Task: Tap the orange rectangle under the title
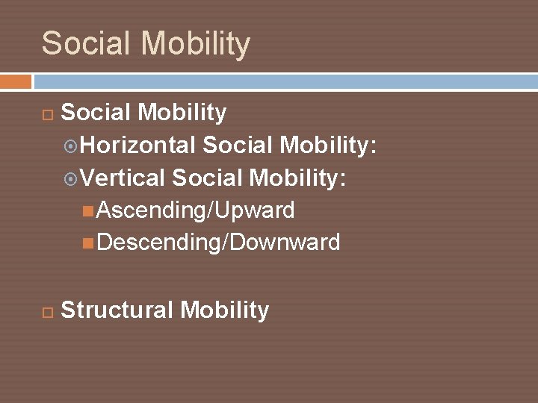pyautogui.click(x=16, y=81)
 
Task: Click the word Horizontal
pyautogui.click(x=138, y=146)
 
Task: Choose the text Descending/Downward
pyautogui.click(x=218, y=243)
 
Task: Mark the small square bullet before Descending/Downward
pyautogui.click(x=89, y=243)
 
